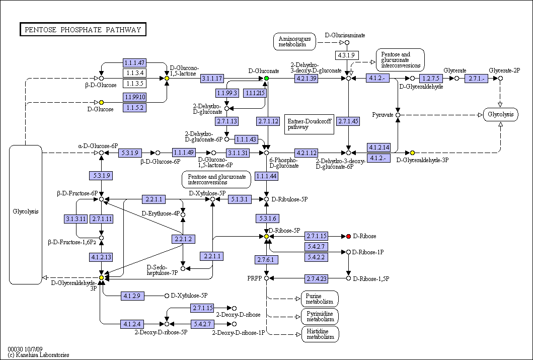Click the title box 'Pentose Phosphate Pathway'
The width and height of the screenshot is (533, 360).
(x=83, y=30)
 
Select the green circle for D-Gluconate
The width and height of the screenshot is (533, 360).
(x=267, y=79)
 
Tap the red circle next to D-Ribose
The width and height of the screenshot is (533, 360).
(x=348, y=236)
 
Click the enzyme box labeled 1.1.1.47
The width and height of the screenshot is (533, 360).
(x=134, y=62)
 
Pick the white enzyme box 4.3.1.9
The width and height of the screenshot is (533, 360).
(x=347, y=55)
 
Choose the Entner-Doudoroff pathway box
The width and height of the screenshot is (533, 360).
(x=310, y=124)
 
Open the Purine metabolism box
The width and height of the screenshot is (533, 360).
(x=320, y=299)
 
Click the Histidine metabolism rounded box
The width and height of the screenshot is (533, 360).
(x=320, y=334)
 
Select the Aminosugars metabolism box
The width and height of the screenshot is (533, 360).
(x=294, y=42)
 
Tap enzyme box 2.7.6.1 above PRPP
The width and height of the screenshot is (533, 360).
(x=267, y=260)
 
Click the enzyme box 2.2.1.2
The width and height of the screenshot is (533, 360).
(x=184, y=239)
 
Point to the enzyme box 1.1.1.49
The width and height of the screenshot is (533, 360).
(x=184, y=153)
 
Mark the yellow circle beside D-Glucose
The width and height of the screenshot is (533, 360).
(x=101, y=102)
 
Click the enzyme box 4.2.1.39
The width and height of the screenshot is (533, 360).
(x=307, y=79)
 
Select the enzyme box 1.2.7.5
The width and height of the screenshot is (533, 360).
(x=431, y=79)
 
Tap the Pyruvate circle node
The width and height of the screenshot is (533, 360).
(x=398, y=115)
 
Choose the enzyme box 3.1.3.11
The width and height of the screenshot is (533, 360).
(x=75, y=219)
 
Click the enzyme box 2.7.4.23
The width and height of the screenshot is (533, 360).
(x=316, y=279)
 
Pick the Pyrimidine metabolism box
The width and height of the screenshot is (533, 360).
(x=320, y=317)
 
